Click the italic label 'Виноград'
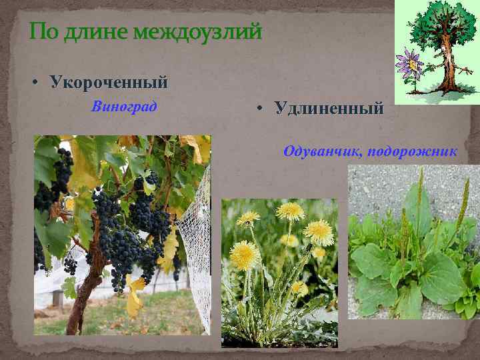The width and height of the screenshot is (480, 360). (x=125, y=107)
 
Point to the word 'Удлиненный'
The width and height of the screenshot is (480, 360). (x=329, y=107)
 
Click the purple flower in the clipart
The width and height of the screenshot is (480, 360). (x=409, y=64)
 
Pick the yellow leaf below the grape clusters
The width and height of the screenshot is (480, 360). (x=135, y=297)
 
